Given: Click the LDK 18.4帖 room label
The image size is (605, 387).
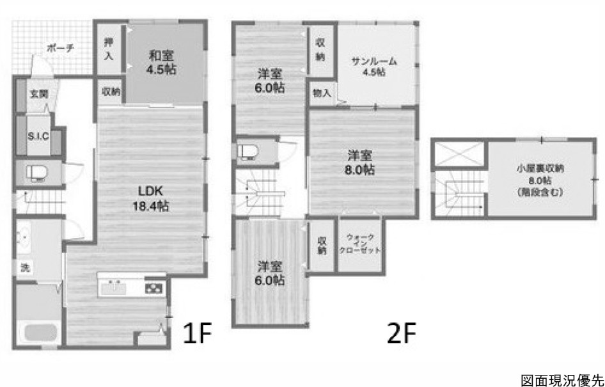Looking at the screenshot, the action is click(x=151, y=198).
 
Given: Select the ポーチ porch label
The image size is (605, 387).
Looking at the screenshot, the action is click(x=60, y=48).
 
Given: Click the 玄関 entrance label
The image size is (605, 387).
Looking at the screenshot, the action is click(x=39, y=94).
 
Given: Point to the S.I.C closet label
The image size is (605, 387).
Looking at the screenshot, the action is click(x=38, y=136).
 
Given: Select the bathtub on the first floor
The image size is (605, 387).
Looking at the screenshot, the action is click(x=40, y=332).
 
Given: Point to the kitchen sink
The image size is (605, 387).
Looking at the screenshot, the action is click(x=114, y=287).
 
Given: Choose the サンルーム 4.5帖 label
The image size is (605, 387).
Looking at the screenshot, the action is click(x=374, y=67).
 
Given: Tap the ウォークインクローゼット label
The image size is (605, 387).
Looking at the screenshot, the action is click(x=359, y=244).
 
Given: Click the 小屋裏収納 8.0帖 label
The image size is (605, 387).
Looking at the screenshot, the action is click(x=540, y=180).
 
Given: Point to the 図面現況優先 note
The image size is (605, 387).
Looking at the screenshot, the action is click(x=562, y=379).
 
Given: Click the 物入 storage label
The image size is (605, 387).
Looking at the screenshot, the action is click(x=322, y=93).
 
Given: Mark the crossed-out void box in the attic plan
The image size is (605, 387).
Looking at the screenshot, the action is click(x=459, y=154).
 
